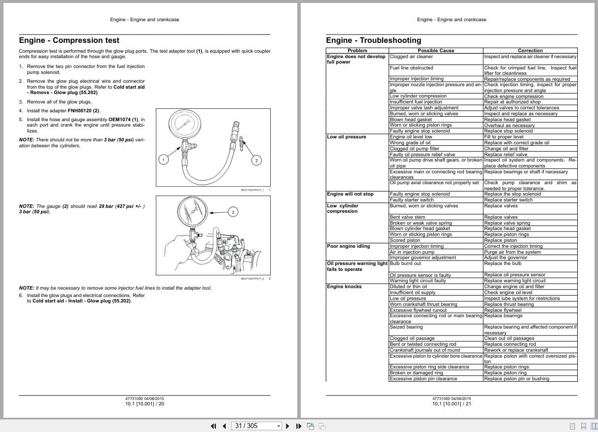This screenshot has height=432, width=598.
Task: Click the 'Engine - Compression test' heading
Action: [69, 40]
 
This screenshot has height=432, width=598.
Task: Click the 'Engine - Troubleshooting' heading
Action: [374, 40]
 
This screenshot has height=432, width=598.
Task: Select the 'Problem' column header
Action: [357, 50]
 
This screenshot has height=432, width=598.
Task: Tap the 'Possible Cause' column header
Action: [436, 50]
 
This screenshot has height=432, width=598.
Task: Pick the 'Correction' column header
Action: [530, 50]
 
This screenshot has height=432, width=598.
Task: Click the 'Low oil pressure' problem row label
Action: [347, 137]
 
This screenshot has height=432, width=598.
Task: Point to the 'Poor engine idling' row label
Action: [348, 246]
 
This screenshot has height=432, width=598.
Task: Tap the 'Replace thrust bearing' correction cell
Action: [509, 304]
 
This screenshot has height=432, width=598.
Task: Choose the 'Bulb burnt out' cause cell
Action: [405, 264]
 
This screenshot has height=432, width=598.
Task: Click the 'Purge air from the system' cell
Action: [512, 252]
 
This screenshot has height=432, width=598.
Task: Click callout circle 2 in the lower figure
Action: [233, 212]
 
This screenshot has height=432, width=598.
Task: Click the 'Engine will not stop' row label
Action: [350, 194]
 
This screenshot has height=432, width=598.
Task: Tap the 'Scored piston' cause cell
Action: [405, 240]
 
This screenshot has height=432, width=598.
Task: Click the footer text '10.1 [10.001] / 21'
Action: [452, 404]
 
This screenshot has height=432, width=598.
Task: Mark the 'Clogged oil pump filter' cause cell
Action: [414, 149]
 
